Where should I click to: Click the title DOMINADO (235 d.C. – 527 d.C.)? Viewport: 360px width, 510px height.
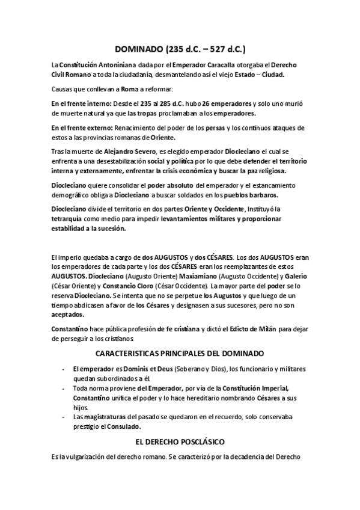pos(180,49)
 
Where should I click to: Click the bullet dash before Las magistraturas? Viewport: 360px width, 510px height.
pos(64,417)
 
